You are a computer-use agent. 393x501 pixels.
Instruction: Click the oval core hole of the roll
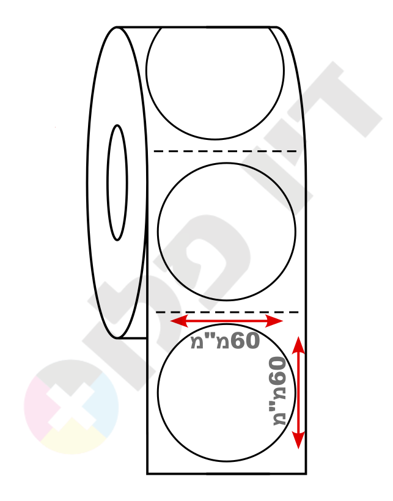pyautogui.click(x=117, y=183)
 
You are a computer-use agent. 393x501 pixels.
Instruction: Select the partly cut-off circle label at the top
pyautogui.click(x=215, y=83)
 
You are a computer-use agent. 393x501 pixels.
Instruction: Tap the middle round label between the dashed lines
pyautogui.click(x=227, y=232)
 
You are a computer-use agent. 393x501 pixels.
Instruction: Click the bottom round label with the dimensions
pyautogui.click(x=227, y=393)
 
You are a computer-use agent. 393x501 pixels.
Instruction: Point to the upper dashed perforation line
pyautogui.click(x=226, y=151)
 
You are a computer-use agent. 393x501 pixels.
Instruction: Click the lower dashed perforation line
pyautogui.click(x=227, y=312)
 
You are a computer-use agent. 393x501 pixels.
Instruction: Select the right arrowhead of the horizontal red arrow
pyautogui.click(x=274, y=321)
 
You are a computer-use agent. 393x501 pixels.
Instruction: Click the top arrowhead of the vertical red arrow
pyautogui.click(x=298, y=345)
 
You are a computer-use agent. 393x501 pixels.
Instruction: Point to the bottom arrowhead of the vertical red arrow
pyautogui.click(x=298, y=440)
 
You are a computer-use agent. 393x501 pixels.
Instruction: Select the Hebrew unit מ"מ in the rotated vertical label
pyautogui.click(x=279, y=405)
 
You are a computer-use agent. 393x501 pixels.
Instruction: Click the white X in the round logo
pyautogui.click(x=72, y=406)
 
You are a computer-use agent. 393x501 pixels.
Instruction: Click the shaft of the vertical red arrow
pyautogui.click(x=298, y=393)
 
